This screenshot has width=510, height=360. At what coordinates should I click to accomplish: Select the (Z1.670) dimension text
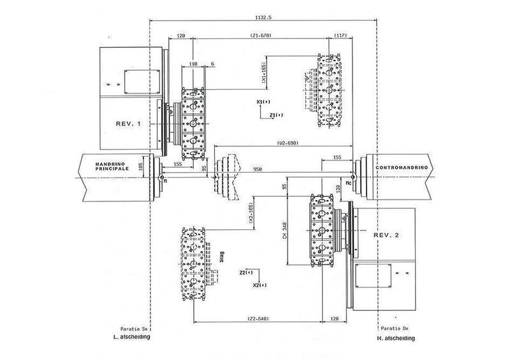click(x=261, y=36)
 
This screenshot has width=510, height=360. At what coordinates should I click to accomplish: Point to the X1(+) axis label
click(x=261, y=102)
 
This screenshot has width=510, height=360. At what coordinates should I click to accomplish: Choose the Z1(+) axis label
click(x=276, y=115)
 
